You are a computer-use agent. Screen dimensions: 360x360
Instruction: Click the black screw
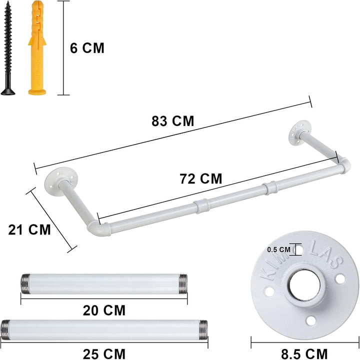coord(8,48)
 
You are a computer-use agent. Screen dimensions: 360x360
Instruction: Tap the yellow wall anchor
coord(37,48)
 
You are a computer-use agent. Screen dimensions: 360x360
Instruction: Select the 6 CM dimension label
coord(87,48)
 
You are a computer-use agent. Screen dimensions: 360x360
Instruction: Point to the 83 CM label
coord(172,121)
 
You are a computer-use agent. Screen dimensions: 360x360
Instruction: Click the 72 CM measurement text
coord(201,179)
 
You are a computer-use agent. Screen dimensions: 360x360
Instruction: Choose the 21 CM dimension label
coord(29,229)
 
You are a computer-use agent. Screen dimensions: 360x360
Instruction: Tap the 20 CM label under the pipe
coord(104,310)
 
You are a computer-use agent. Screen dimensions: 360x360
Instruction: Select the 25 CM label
coord(104,354)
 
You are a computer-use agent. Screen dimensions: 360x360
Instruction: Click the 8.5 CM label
coord(304,354)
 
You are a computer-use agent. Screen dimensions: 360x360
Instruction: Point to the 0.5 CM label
coord(278,249)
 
